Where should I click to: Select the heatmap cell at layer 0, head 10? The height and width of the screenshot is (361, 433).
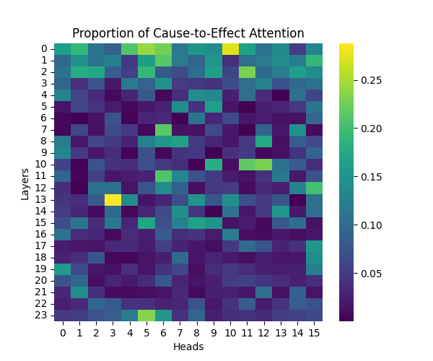(x=230, y=48)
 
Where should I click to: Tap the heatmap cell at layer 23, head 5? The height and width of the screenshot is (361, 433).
(x=146, y=315)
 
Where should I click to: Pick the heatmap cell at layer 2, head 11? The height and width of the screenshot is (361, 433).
(x=247, y=71)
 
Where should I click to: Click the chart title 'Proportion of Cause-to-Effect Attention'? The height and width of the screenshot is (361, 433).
(x=188, y=34)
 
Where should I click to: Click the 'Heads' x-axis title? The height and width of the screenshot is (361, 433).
(x=188, y=347)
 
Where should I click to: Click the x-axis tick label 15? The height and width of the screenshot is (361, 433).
(x=314, y=333)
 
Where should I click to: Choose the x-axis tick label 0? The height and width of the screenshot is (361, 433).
(x=63, y=333)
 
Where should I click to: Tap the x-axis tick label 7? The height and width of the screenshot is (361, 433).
(x=180, y=333)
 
